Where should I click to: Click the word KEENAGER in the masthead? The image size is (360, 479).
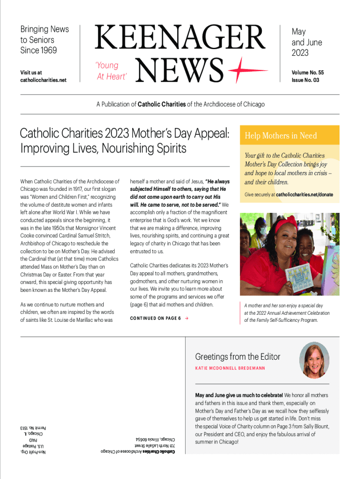(x=180, y=38)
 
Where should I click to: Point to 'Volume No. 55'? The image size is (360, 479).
(x=308, y=73)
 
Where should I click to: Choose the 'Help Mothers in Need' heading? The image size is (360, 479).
(x=281, y=136)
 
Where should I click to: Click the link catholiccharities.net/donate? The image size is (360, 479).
(x=304, y=194)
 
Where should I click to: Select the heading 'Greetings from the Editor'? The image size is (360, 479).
(x=238, y=357)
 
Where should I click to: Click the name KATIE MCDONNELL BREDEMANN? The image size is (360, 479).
(x=230, y=368)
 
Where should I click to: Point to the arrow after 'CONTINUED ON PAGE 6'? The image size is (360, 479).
(x=187, y=319)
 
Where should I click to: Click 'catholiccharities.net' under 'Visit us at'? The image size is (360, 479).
(x=43, y=80)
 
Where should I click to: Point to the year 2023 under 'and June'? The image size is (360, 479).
(x=300, y=53)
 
